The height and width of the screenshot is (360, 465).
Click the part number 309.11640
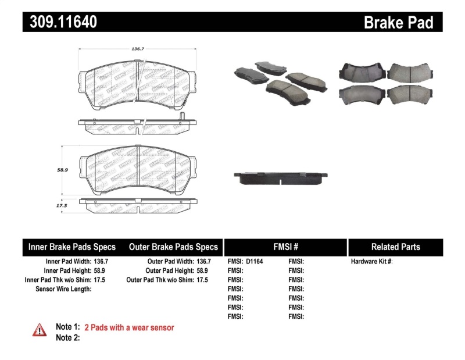(60, 22)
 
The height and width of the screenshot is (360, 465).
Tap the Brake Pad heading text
(398, 22)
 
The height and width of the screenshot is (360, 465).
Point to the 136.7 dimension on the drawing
(137, 49)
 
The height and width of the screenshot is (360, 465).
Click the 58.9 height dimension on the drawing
(63, 170)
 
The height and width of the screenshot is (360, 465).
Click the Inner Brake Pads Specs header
(72, 247)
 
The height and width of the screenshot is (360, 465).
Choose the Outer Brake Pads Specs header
(173, 247)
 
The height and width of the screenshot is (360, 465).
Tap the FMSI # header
(285, 247)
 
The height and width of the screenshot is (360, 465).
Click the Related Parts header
(395, 247)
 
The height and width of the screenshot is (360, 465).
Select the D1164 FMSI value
(254, 262)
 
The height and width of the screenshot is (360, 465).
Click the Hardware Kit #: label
(371, 262)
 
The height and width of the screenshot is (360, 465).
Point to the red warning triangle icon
(40, 329)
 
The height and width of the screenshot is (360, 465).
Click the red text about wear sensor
(129, 327)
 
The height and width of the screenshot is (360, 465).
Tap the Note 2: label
(67, 337)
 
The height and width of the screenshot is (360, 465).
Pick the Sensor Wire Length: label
(63, 289)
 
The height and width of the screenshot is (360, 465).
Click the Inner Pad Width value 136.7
(101, 262)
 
